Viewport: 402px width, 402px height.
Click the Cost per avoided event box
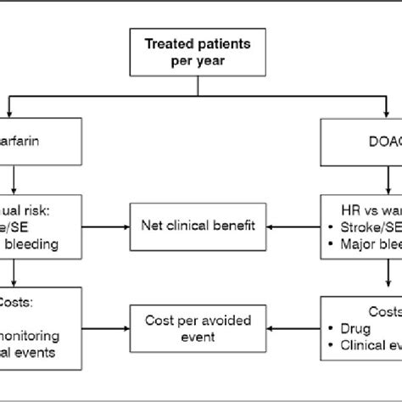(x=200, y=329)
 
